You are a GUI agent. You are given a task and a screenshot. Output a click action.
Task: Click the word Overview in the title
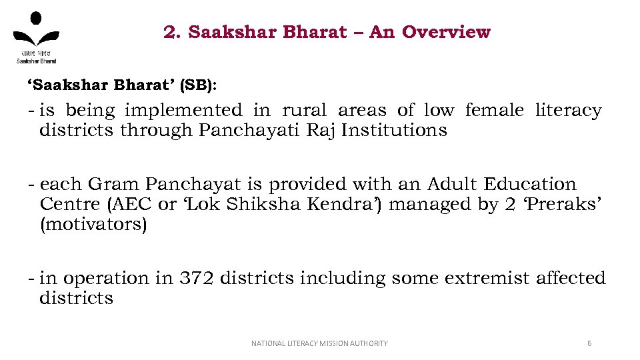pos(446,32)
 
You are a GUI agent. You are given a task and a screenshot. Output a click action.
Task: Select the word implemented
pos(183,110)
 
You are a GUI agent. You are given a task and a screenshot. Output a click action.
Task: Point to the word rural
pos(305,110)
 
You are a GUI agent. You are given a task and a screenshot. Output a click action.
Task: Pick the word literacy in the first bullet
pos(568,110)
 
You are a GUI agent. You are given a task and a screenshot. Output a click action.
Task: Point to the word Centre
pos(67,204)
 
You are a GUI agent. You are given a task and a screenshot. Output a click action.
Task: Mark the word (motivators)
pos(93,224)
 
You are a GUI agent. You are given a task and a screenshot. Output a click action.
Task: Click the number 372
pos(197,278)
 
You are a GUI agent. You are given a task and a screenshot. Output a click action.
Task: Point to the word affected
pos(571,278)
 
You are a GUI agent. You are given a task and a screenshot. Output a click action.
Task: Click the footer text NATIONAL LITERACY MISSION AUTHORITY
pos(319,343)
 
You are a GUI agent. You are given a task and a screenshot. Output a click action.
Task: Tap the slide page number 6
pos(589,343)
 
